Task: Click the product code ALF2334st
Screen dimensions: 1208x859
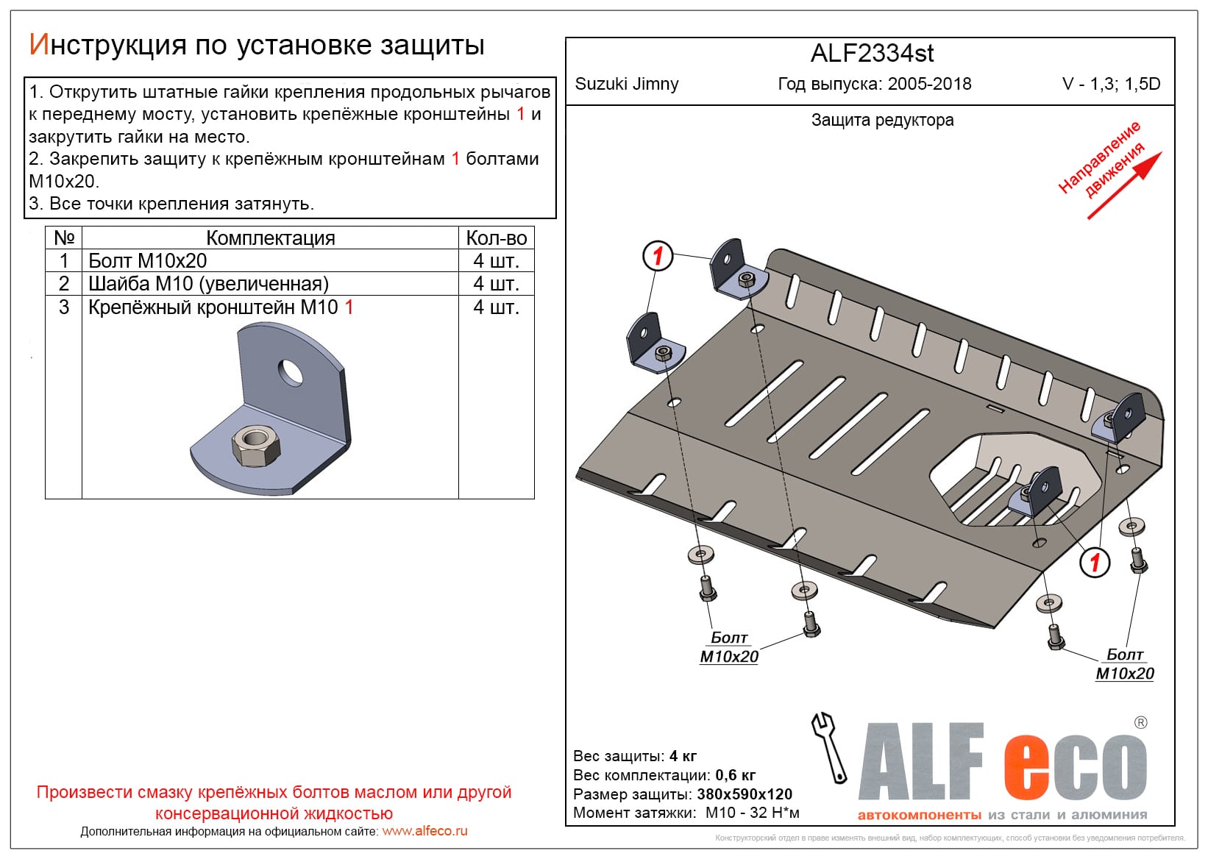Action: click(x=872, y=53)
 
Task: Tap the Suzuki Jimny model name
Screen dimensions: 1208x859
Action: click(x=626, y=84)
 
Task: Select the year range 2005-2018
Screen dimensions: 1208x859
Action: click(x=930, y=84)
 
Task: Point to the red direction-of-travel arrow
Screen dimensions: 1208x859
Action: click(x=1124, y=185)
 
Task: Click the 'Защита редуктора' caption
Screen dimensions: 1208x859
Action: click(x=882, y=120)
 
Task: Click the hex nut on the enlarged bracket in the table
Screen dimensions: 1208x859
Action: click(x=255, y=444)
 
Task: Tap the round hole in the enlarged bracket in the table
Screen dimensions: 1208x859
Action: click(x=291, y=373)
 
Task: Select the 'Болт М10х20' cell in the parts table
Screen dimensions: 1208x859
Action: click(x=148, y=260)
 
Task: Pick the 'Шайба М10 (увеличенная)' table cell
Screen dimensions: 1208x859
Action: click(x=208, y=284)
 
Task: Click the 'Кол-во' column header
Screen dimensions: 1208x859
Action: click(x=496, y=238)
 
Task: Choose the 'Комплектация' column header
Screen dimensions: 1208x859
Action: click(x=270, y=238)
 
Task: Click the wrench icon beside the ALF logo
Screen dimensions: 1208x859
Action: click(x=829, y=747)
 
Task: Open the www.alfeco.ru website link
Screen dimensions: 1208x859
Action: click(x=425, y=831)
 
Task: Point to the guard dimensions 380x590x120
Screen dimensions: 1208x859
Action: click(x=745, y=794)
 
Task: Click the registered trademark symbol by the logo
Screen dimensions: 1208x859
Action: click(x=1140, y=722)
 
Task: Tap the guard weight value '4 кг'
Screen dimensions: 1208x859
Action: click(x=683, y=755)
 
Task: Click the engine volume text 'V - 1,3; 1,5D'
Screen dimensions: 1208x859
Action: click(x=1112, y=84)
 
